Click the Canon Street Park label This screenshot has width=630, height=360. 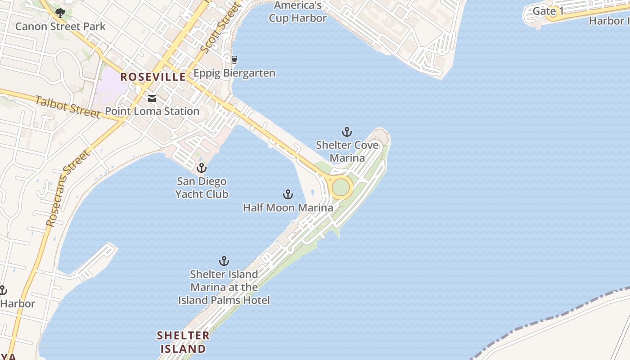tap(60, 27)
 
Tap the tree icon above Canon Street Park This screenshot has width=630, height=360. tap(60, 13)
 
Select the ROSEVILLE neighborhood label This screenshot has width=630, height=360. tap(153, 77)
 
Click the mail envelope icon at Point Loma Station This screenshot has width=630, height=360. tap(152, 99)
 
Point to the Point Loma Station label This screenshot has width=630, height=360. tap(152, 111)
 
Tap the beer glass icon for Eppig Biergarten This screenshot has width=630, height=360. tap(234, 59)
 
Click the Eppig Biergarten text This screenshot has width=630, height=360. tap(234, 73)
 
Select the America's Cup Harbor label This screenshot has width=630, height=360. tap(297, 12)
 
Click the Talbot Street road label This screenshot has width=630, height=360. tap(67, 107)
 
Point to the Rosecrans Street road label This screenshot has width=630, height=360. tap(68, 188)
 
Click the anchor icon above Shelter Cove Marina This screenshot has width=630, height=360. tap(346, 132)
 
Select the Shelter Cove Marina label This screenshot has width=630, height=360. tap(347, 152)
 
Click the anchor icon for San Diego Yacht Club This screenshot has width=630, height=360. tap(202, 168)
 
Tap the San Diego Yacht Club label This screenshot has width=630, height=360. tap(202, 188)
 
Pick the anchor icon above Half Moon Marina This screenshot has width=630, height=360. tap(288, 194)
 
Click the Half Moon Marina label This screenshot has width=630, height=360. tap(288, 207)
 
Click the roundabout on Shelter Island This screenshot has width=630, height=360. tap(341, 187)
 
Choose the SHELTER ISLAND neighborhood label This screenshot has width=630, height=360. tap(183, 342)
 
